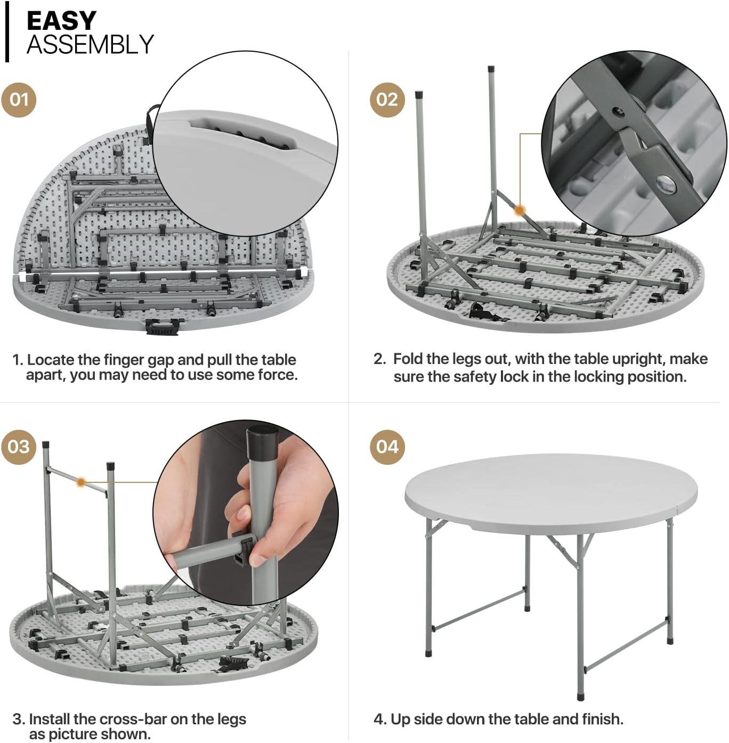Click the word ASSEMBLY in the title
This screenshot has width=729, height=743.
tap(90, 44)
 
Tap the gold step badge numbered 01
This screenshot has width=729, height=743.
tap(19, 100)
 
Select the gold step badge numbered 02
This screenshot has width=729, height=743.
tap(387, 100)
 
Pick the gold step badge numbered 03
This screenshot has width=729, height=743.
tap(19, 447)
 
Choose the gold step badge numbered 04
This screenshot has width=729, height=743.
tap(387, 447)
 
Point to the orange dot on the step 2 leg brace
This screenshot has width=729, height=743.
tap(520, 211)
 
